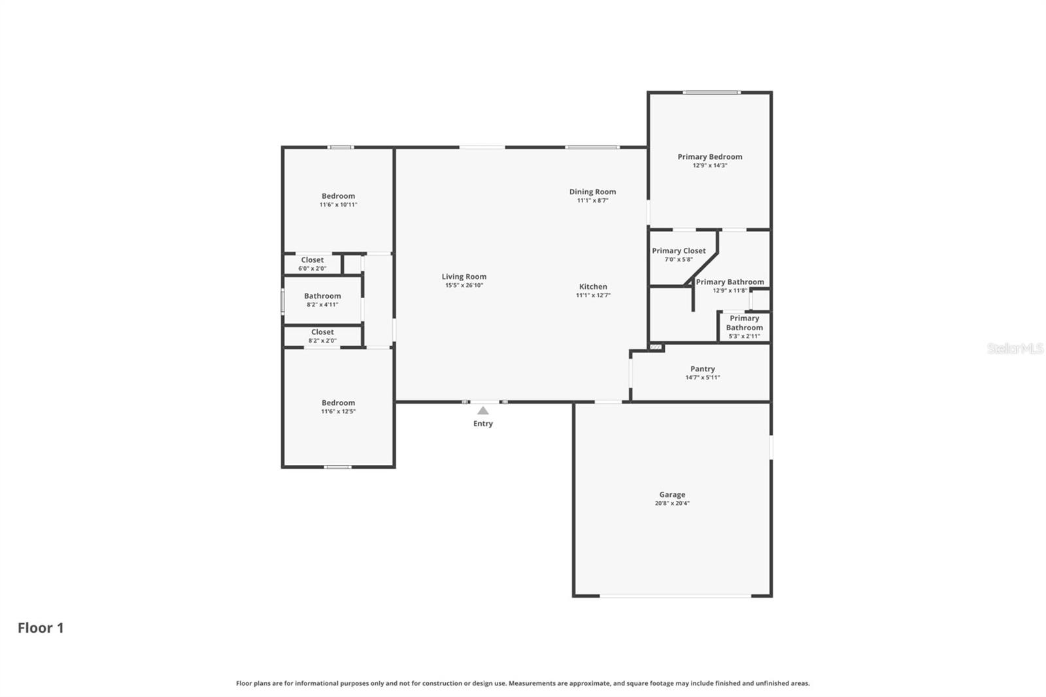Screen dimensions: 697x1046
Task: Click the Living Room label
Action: pos(464,277)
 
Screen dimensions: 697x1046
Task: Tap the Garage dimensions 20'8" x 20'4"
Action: pos(672,503)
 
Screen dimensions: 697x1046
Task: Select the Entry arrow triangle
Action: pos(482,411)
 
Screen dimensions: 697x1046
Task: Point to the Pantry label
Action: pos(702,369)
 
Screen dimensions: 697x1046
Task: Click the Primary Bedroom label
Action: pos(709,157)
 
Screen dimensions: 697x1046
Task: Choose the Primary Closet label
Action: pos(679,251)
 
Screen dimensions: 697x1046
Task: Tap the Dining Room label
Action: pos(592,192)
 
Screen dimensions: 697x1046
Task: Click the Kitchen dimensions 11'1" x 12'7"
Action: pos(592,296)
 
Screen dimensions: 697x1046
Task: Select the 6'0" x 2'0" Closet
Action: pos(312,263)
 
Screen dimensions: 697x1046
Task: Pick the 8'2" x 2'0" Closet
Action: pos(322,335)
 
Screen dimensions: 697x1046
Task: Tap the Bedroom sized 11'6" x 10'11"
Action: pos(338,200)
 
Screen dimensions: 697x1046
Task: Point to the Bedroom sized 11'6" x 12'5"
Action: pos(338,407)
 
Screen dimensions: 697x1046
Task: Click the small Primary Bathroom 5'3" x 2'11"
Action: pos(744,327)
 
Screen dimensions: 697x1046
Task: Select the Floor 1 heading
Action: pos(41,628)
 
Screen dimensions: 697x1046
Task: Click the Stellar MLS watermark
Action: pos(1015,348)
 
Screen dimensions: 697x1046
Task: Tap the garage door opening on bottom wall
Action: pos(675,596)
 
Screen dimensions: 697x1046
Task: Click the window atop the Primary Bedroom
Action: pos(711,92)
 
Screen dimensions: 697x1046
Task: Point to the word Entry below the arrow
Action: pos(482,424)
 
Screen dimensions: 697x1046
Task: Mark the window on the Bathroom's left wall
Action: pos(282,301)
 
